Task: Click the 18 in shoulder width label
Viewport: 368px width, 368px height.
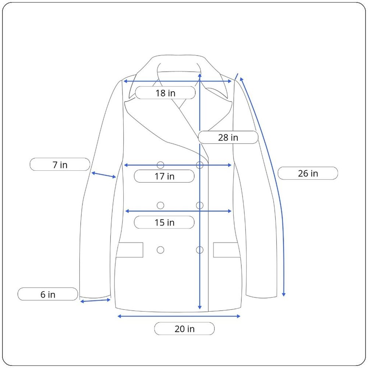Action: click(165, 93)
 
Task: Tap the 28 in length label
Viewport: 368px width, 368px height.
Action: click(228, 137)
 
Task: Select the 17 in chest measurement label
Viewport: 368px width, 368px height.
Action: click(164, 176)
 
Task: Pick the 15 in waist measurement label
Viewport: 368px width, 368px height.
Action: click(164, 222)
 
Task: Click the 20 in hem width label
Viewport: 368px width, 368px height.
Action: click(184, 329)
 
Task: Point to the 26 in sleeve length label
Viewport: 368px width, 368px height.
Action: click(308, 173)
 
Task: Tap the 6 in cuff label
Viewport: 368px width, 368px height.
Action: click(47, 294)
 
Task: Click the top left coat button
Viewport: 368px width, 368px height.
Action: click(160, 165)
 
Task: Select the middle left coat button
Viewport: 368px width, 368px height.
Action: click(160, 205)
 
